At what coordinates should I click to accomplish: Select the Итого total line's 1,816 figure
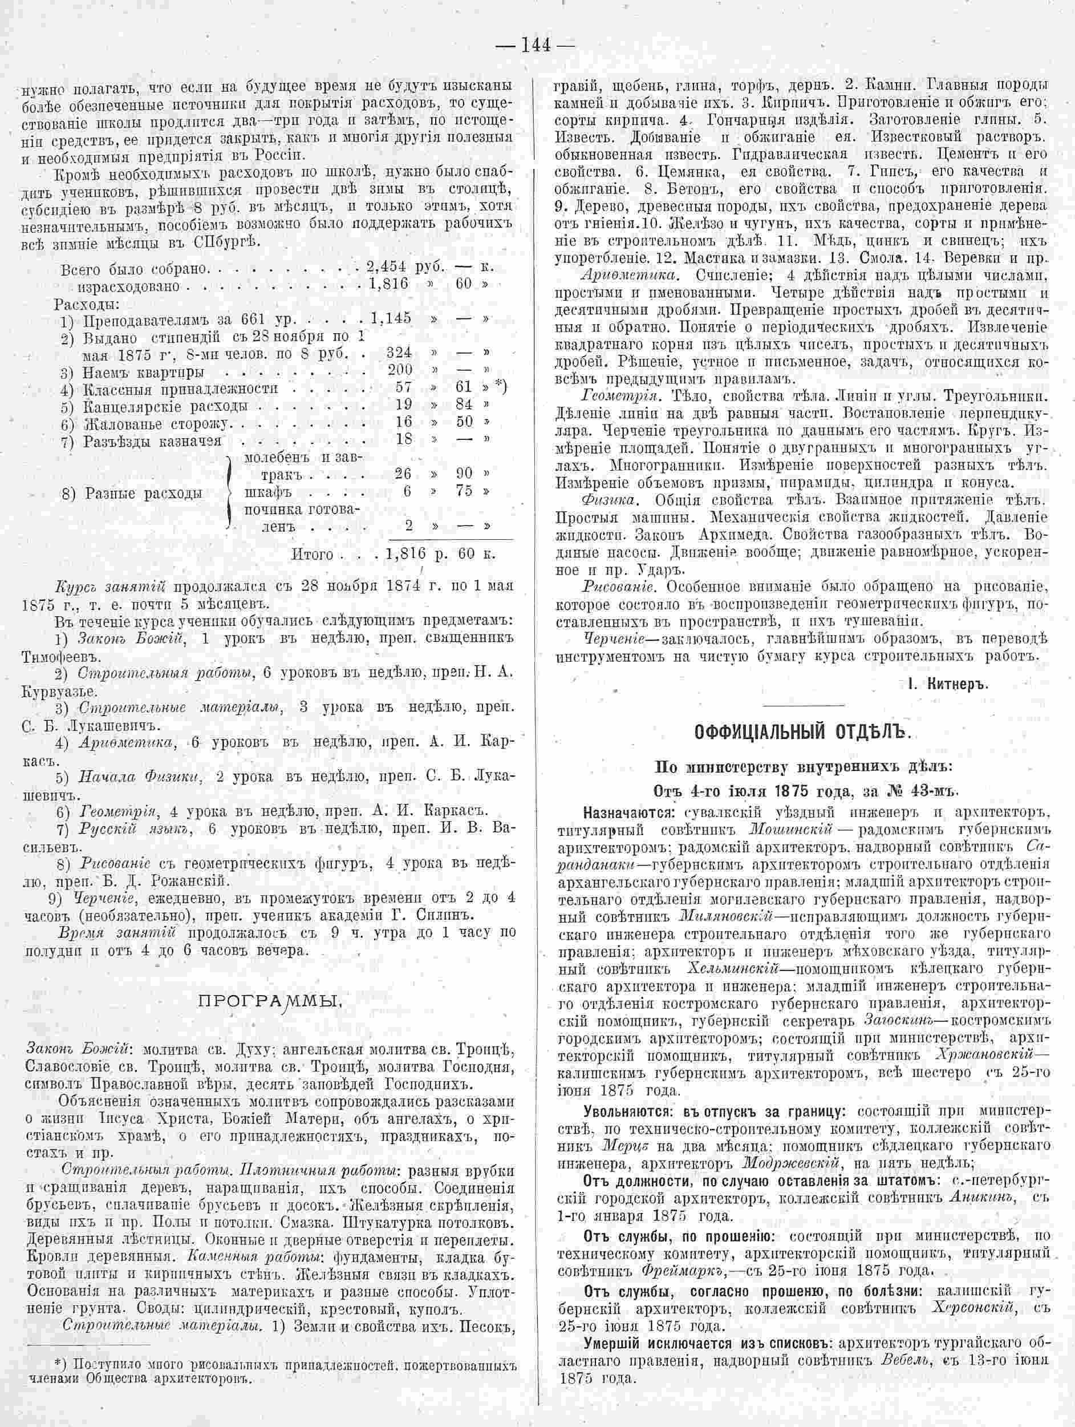pos(406,553)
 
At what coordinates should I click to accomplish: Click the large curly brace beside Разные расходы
pos(231,490)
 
